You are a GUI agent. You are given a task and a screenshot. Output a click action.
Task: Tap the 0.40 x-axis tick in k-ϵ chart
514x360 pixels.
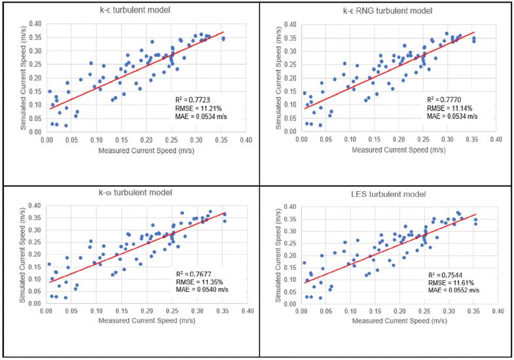pos(246,140)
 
